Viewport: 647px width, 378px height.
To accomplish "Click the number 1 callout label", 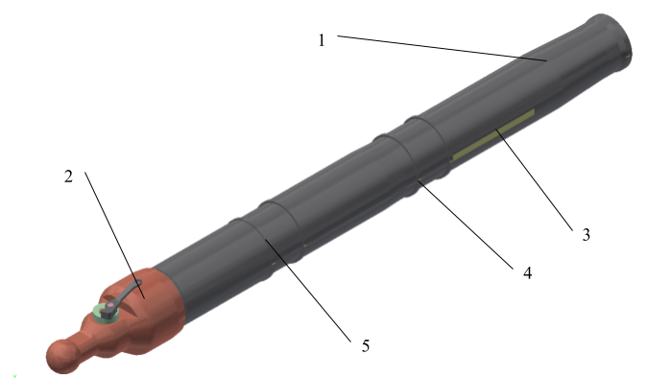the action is tap(322, 40).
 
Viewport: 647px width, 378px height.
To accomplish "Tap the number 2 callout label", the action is tap(68, 177).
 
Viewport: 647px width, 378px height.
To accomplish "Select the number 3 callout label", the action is tap(586, 235).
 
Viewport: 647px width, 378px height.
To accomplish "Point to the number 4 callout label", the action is tap(527, 272).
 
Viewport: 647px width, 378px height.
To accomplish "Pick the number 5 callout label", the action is tap(366, 345).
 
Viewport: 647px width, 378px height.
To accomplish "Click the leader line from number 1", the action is tap(443, 48).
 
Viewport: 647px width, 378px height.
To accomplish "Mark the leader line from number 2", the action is tap(114, 235).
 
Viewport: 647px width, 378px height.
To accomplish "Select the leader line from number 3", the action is tap(534, 179).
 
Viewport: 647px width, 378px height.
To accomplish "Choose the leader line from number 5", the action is tap(308, 290).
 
